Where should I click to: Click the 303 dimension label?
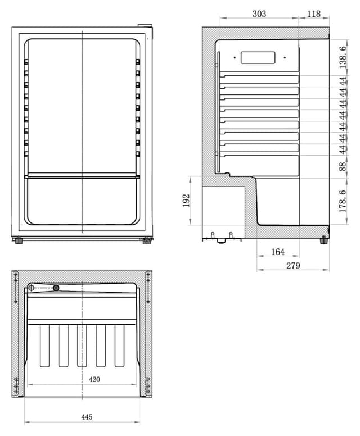tap(259, 13)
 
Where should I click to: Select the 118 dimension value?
tap(314, 13)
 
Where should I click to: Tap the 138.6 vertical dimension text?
tap(343, 57)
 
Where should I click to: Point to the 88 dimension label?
tap(343, 166)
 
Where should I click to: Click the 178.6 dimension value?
tap(343, 201)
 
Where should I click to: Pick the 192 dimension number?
tap(186, 201)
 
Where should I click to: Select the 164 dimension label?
tap(278, 252)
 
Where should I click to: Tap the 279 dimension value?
tap(293, 266)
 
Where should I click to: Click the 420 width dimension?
tap(94, 379)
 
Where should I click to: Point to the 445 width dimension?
tap(87, 417)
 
